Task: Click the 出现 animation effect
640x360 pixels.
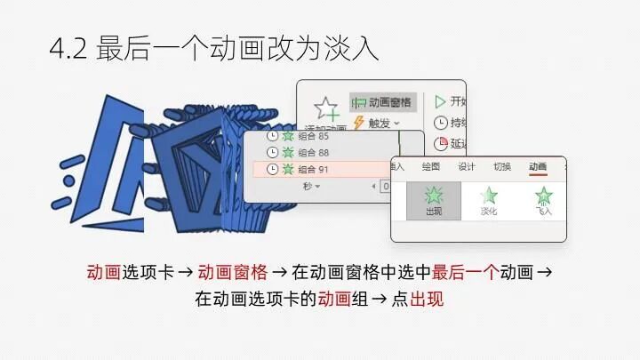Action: [435, 199]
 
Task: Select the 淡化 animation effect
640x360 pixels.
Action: [489, 199]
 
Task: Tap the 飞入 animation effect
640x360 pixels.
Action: [544, 199]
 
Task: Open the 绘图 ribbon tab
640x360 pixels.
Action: [431, 166]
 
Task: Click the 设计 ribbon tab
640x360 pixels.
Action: [467, 166]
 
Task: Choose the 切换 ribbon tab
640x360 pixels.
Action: [502, 166]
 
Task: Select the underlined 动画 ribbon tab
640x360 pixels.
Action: [538, 166]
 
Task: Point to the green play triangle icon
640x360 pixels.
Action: [440, 101]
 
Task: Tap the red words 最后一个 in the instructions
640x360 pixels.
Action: [464, 272]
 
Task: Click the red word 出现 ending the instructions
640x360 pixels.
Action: [427, 299]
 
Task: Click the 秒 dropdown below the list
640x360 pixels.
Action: [311, 186]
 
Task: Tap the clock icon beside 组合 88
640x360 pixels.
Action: [272, 153]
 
